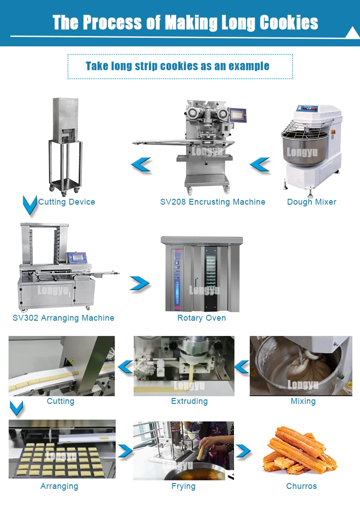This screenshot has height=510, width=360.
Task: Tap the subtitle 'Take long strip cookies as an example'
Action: (x=178, y=66)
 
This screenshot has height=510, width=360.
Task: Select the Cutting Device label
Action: (x=67, y=202)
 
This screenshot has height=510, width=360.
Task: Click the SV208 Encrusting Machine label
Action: (x=212, y=202)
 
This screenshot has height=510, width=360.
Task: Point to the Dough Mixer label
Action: (x=311, y=202)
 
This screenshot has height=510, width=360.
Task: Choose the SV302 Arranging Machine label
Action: (x=63, y=318)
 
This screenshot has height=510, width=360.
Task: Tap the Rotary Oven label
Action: (x=202, y=318)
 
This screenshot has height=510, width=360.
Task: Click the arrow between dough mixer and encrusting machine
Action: (x=260, y=165)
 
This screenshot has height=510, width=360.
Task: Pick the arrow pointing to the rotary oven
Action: (x=139, y=283)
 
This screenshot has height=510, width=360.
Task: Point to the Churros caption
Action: (x=301, y=486)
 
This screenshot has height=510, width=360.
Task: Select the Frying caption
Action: (x=184, y=486)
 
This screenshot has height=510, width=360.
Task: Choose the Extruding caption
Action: (x=189, y=401)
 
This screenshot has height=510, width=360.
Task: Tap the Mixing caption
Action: (x=303, y=401)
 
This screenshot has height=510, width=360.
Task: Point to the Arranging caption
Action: (x=59, y=486)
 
